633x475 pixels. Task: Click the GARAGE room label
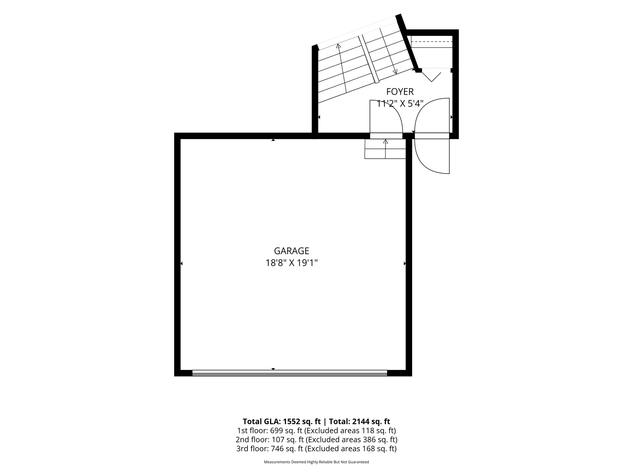[292, 251]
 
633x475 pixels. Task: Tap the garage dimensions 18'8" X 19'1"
[292, 263]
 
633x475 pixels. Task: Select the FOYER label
[400, 91]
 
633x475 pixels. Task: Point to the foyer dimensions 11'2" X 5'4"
[400, 104]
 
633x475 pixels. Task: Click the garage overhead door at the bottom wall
[290, 373]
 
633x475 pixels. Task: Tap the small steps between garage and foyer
[385, 149]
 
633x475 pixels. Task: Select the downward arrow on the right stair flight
[388, 51]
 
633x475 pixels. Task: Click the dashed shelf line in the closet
[432, 42]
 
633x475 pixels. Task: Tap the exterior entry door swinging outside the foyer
[432, 155]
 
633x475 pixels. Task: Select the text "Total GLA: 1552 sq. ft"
[282, 421]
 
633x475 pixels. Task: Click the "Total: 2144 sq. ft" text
[359, 421]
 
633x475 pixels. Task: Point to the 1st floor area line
[316, 430]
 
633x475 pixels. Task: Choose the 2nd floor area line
[316, 440]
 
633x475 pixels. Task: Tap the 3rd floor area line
[316, 449]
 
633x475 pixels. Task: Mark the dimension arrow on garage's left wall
[181, 263]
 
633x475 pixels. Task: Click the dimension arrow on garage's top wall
[273, 140]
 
